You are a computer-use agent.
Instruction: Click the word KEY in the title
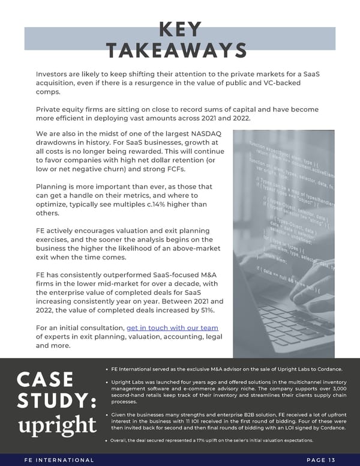pos(179,29)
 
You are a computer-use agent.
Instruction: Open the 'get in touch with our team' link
pos(172,327)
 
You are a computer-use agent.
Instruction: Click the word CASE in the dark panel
pos(45,380)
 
